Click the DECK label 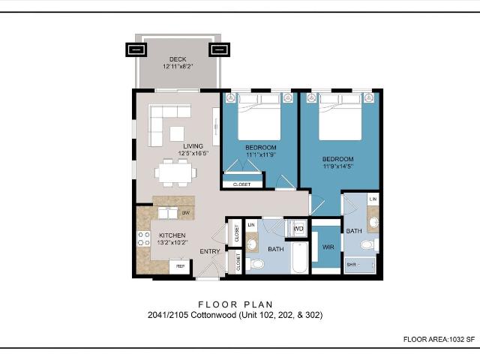[178, 59]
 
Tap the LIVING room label [193, 146]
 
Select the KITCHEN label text [172, 235]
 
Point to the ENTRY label [209, 251]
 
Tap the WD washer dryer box [298, 228]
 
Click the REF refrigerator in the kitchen [180, 266]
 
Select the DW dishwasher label [184, 214]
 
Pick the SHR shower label [351, 265]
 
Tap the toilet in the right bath [367, 244]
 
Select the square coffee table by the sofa [177, 133]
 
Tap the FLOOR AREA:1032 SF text [439, 340]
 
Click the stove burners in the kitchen [142, 239]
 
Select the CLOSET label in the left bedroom [242, 184]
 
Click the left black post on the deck [136, 50]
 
